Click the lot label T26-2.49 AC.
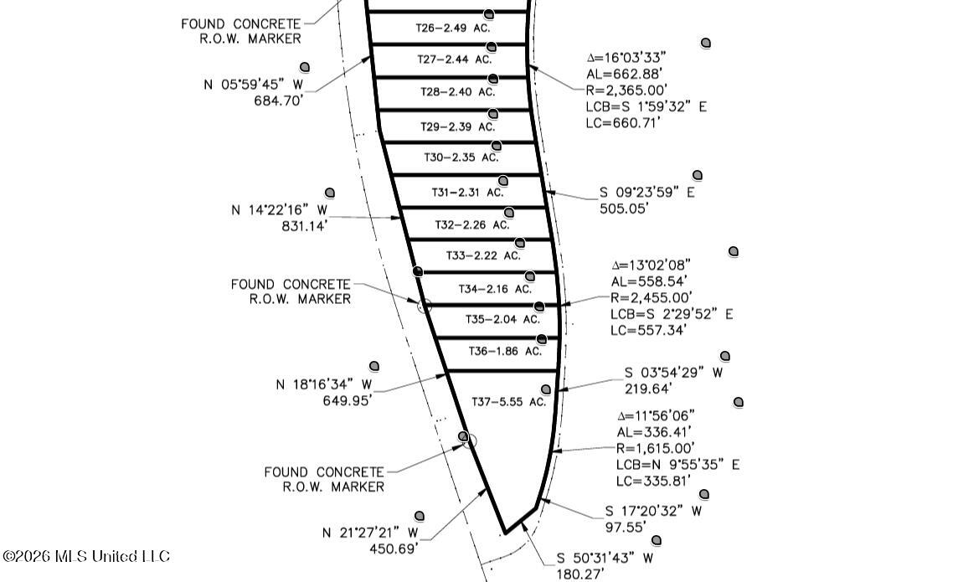(x=453, y=28)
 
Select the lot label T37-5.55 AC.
(x=508, y=402)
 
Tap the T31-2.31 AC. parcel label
(x=467, y=193)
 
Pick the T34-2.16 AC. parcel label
(x=495, y=289)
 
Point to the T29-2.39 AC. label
(x=457, y=127)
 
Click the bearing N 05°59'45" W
(x=253, y=85)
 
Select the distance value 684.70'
(x=279, y=100)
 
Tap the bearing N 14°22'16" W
(x=279, y=210)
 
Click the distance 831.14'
(x=304, y=226)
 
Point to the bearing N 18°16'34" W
(x=324, y=384)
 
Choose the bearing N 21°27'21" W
(x=370, y=533)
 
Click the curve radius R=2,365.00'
(x=626, y=90)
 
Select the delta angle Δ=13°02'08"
(x=651, y=265)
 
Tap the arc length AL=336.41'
(x=654, y=432)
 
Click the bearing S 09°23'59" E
(x=647, y=193)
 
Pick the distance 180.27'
(x=579, y=574)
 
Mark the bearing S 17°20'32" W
(x=653, y=511)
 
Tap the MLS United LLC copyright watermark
(x=86, y=556)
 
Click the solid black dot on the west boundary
(x=418, y=271)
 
